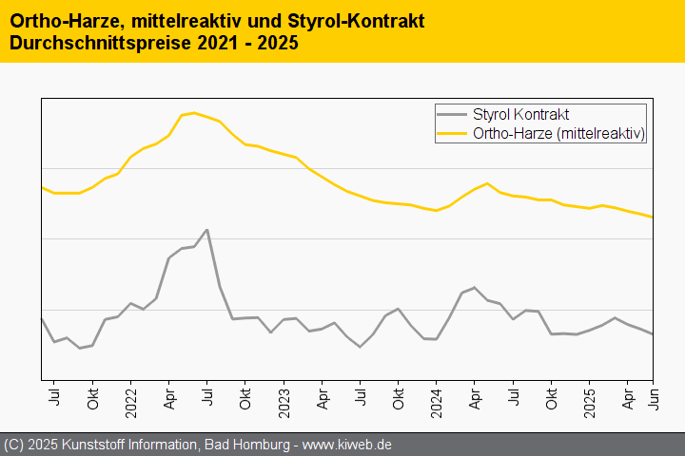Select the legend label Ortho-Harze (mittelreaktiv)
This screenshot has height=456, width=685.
point(559,134)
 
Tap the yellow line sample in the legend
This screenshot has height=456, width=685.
point(453,134)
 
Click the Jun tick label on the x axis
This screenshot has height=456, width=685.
point(652,398)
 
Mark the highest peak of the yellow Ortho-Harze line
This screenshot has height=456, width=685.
point(194,113)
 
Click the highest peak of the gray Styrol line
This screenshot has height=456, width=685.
point(206,230)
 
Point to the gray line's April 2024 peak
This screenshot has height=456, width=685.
point(474,287)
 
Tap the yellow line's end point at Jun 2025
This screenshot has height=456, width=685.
point(652,218)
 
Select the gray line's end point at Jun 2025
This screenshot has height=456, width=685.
point(652,334)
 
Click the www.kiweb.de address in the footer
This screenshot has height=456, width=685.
point(347,445)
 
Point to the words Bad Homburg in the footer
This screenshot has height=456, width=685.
point(242,445)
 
